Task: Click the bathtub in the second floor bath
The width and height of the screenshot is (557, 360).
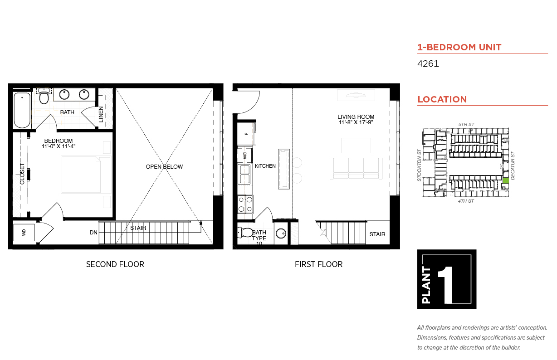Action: (x=22, y=110)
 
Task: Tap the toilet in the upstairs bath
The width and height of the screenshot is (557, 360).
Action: (x=44, y=96)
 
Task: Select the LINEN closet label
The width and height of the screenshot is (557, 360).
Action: (x=101, y=114)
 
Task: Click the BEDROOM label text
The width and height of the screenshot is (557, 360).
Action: (x=59, y=141)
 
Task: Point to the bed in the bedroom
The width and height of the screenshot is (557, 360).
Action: (x=86, y=175)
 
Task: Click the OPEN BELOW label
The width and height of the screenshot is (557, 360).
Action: (x=164, y=166)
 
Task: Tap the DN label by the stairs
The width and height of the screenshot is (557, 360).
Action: (x=93, y=233)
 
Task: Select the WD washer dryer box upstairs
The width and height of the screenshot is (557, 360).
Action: (x=24, y=233)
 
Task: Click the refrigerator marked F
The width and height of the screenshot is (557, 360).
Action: (x=246, y=134)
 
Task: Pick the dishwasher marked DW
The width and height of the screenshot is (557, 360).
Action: (x=245, y=156)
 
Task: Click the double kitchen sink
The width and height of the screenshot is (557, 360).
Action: (x=244, y=174)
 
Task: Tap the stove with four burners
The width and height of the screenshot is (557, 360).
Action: (x=245, y=204)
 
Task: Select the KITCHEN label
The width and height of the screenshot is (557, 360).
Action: (x=265, y=166)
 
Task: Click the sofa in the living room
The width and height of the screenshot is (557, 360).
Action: (x=356, y=168)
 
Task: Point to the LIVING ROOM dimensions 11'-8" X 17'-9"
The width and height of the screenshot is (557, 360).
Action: (x=356, y=122)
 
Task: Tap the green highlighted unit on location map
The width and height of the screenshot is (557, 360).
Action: (x=506, y=181)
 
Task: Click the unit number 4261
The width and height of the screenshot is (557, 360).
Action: (x=428, y=63)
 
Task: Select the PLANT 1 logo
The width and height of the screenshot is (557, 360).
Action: (x=447, y=279)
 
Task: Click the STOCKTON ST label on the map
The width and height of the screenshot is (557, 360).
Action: (x=419, y=165)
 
